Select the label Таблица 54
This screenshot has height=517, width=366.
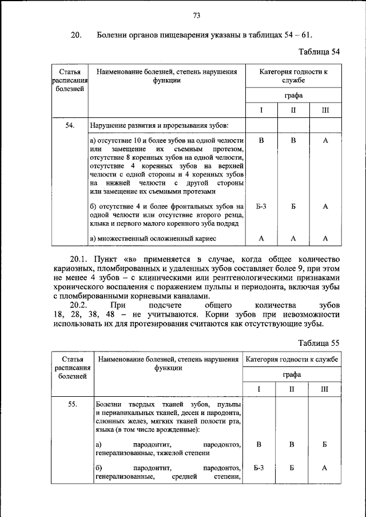click(x=320, y=52)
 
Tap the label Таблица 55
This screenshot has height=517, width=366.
click(x=320, y=342)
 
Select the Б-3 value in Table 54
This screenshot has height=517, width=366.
click(x=261, y=206)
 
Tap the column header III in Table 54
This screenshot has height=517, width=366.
click(x=325, y=110)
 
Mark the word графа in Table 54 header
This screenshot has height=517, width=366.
click(x=293, y=95)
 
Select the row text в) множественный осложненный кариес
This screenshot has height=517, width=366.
click(x=153, y=238)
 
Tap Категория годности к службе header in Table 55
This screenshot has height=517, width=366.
click(x=292, y=360)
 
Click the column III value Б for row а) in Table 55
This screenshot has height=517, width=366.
click(x=324, y=444)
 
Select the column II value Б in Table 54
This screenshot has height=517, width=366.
click(x=293, y=206)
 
